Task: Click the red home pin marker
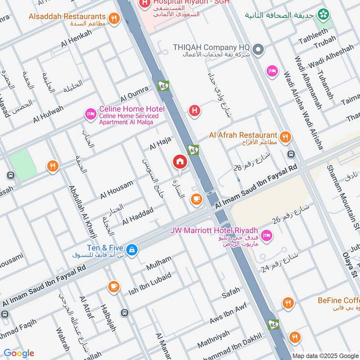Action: pos(180,162)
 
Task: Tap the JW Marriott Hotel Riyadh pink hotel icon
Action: pos(266,235)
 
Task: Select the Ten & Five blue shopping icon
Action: pos(131,249)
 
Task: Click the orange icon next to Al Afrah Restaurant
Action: pos(284,137)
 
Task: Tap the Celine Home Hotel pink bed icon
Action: pos(90,114)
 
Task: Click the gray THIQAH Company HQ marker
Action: pos(258,50)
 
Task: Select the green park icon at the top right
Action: pos(323,15)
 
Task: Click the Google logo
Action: pos(18,353)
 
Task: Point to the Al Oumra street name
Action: pos(134,94)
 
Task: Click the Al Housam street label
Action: pos(117,189)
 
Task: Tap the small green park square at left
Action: pos(23,165)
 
